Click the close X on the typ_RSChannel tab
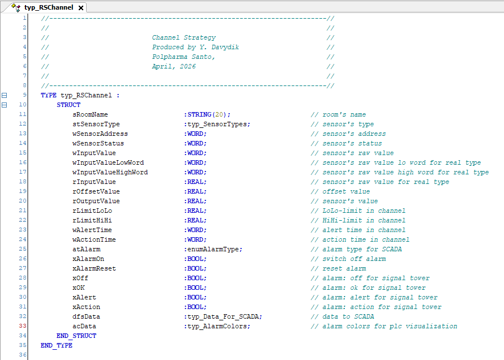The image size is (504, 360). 81,8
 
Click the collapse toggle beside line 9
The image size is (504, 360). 4,96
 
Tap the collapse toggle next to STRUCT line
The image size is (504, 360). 4,105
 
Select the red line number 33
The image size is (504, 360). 23,326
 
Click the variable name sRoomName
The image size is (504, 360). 90,115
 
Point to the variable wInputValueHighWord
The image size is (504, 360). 110,173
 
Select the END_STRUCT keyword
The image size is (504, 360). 76,336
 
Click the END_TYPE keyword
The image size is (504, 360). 57,345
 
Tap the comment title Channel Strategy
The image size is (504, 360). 184,37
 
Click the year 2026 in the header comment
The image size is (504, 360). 187,66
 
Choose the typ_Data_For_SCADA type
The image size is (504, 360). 224,316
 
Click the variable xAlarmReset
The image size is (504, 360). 94,268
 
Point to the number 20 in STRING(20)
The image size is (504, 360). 219,115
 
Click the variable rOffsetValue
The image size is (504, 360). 96,192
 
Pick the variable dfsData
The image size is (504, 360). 86,316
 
